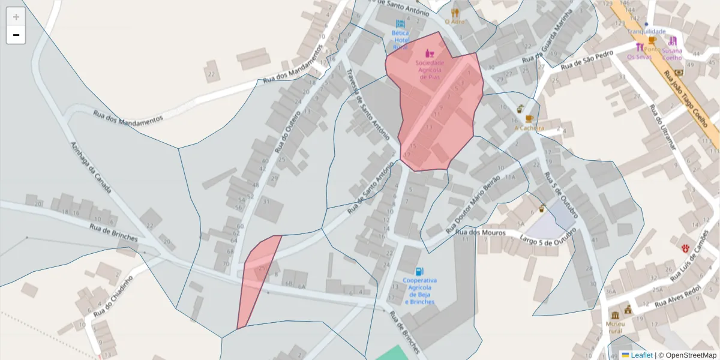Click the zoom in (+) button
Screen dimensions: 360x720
point(16,17)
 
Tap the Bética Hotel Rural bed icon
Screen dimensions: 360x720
point(400,23)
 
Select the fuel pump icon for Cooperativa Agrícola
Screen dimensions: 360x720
point(419,271)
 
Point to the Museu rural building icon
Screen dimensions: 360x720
point(615,316)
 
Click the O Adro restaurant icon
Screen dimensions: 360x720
point(455,12)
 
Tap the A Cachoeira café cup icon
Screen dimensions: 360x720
point(529,119)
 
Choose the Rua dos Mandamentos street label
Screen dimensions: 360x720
point(128,116)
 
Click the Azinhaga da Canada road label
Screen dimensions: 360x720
point(91,167)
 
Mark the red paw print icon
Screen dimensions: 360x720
point(685,247)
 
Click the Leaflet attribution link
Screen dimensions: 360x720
point(641,355)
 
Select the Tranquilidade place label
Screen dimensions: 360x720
point(647,31)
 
